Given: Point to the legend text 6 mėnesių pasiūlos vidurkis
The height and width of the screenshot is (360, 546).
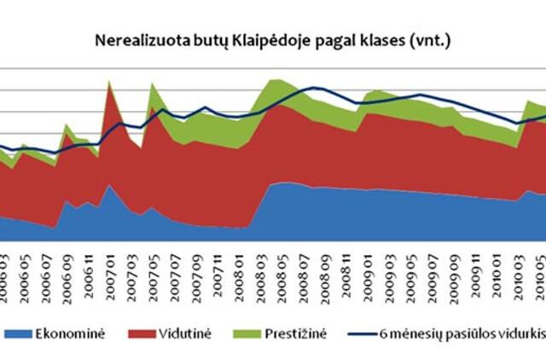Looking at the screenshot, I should [466, 334].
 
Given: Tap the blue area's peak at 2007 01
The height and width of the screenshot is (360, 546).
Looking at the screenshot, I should [109, 185].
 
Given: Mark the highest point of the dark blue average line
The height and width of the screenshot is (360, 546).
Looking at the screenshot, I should [316, 88].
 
